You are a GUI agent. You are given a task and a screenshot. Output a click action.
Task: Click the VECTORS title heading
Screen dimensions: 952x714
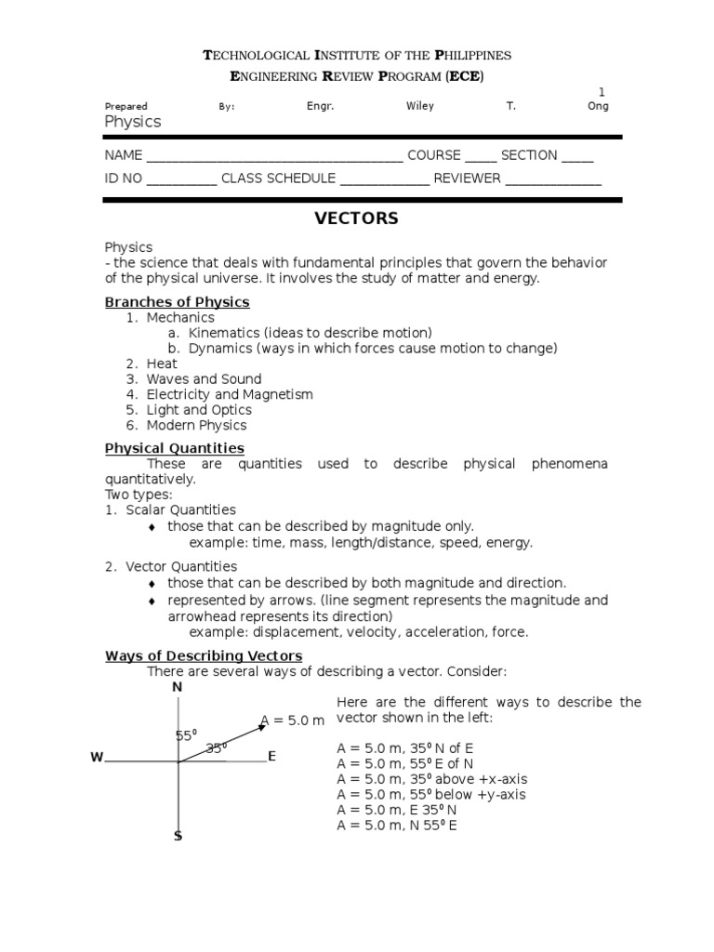point(356,219)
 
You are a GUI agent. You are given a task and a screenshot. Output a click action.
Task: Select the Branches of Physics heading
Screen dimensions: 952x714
point(177,302)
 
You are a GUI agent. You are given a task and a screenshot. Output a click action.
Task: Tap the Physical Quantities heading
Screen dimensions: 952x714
point(174,448)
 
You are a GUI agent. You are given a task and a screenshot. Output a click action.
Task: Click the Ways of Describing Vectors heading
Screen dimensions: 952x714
point(203,656)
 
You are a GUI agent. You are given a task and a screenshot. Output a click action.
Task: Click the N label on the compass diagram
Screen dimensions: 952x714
point(177,687)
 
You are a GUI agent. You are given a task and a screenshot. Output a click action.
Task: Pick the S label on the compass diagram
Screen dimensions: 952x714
point(178,837)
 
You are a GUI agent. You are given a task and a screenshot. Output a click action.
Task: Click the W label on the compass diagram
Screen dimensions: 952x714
point(97,758)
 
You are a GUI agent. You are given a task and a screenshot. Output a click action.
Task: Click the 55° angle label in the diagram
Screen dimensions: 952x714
point(187,736)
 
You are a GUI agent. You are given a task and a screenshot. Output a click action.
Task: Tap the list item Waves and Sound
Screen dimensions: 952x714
point(204,379)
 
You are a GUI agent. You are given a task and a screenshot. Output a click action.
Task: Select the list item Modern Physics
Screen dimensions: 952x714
point(196,425)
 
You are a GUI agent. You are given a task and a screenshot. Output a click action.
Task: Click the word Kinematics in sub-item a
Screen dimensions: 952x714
point(223,333)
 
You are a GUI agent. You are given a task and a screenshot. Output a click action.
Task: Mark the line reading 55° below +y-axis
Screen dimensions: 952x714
point(431,795)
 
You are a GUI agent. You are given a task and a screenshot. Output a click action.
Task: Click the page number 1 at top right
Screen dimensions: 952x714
point(601,91)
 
